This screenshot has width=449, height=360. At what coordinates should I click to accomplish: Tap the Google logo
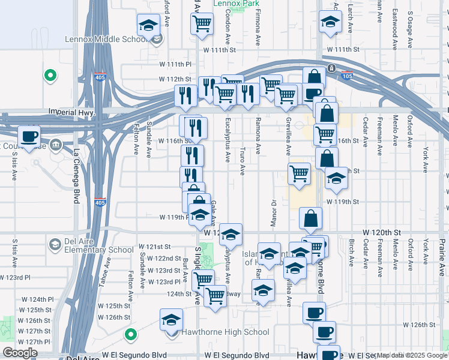pos(20,353)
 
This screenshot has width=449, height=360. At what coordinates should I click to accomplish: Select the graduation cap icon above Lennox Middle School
pos(148,26)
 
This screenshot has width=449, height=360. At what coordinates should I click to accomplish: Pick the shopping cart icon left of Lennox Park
pos(202,23)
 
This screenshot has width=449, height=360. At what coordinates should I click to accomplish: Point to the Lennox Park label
pos(237,4)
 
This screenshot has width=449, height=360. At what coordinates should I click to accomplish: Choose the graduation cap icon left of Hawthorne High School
pos(172,320)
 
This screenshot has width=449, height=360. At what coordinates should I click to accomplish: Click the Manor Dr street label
pos(273,209)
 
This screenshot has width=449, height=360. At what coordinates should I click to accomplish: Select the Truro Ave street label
pos(243,162)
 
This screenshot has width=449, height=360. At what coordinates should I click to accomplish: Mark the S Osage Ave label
pos(411,29)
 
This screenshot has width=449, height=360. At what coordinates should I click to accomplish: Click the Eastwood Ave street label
pos(395,28)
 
